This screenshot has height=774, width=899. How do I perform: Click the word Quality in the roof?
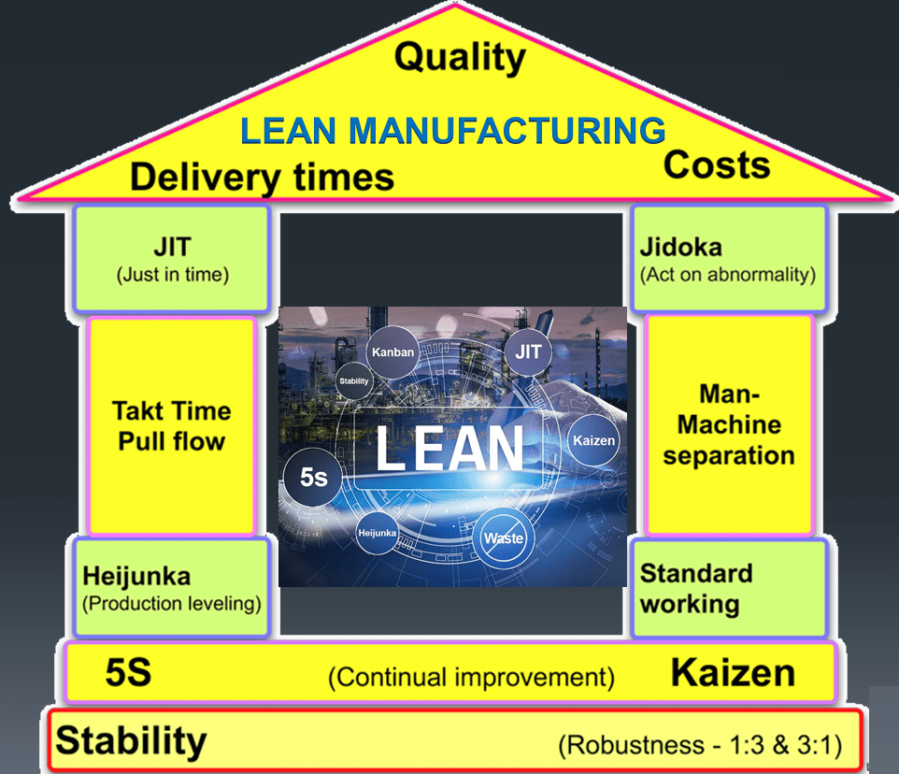[460, 58]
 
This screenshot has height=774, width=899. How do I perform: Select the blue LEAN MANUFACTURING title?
[453, 131]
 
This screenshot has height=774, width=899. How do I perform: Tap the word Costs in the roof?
[717, 165]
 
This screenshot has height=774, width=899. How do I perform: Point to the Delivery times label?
[262, 178]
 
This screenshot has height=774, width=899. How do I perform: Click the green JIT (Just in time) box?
[172, 259]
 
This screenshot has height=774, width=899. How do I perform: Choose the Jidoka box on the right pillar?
[729, 259]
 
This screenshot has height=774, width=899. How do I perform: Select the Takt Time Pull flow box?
[171, 426]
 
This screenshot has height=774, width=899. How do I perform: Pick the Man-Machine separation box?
[729, 424]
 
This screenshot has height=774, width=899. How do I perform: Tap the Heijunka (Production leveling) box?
[171, 587]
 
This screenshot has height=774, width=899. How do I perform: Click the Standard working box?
[729, 588]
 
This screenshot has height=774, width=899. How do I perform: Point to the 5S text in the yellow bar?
[128, 672]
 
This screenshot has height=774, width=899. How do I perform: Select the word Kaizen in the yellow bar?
[733, 672]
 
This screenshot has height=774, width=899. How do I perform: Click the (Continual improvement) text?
[471, 677]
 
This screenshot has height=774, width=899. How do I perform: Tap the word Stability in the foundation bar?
[131, 740]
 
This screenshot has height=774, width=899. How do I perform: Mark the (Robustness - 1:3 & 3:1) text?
[700, 745]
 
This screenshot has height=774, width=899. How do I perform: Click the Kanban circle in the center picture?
[392, 352]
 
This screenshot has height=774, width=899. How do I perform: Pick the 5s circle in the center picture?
[313, 477]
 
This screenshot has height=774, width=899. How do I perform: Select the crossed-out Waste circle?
[504, 537]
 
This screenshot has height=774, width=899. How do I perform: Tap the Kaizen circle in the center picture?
[594, 440]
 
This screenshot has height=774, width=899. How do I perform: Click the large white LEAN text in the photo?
[450, 449]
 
